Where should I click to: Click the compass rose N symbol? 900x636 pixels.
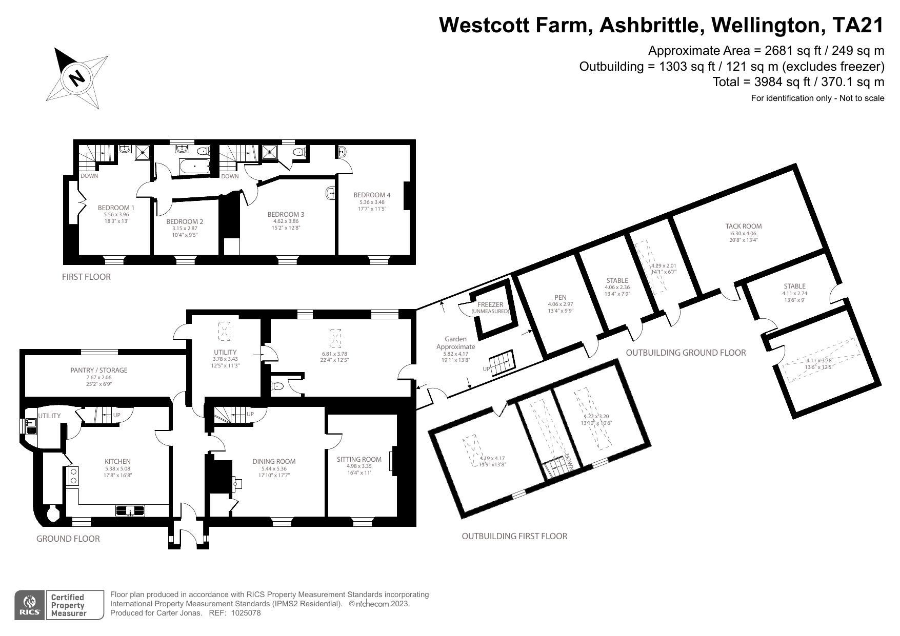(77, 78)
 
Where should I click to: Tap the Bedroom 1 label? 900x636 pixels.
(116, 208)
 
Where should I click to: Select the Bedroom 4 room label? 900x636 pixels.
(372, 195)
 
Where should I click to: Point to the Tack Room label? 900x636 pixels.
(743, 226)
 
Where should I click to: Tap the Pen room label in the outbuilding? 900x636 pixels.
(560, 297)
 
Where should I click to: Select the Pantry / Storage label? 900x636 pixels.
(99, 370)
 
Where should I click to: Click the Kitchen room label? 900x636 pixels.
(117, 461)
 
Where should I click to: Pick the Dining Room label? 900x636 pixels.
(274, 461)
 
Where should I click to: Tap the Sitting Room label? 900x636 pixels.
(359, 459)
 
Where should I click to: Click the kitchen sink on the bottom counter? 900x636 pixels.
(130, 510)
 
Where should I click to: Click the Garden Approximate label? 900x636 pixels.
(455, 343)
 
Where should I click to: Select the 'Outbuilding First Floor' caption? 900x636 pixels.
(514, 536)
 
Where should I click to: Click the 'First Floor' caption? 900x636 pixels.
(86, 277)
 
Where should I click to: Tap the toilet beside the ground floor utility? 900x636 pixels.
(277, 386)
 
